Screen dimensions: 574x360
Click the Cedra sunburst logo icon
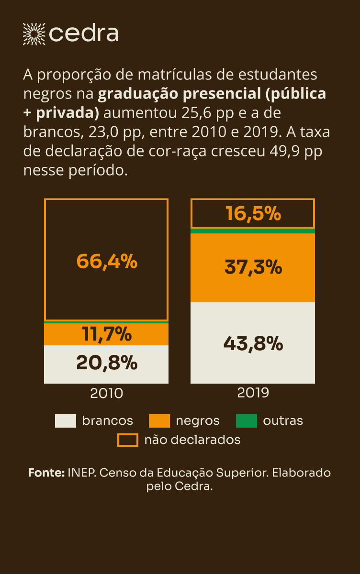34,33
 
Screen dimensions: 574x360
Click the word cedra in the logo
84,33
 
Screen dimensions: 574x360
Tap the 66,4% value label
106,261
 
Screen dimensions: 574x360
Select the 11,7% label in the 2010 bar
106,334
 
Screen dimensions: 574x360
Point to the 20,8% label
106,364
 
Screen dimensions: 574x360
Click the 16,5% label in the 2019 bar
253,214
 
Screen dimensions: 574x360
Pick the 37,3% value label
253,267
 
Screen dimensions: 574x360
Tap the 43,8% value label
253,343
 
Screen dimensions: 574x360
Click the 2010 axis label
106,393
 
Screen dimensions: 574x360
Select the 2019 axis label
253,393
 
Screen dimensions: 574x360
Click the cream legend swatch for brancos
66,421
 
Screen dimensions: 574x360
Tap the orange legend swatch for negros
159,421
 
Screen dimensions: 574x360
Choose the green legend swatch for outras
247,421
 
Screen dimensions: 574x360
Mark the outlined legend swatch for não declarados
128,440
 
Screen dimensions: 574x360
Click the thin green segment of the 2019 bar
253,231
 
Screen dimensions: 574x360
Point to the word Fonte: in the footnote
46,473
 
